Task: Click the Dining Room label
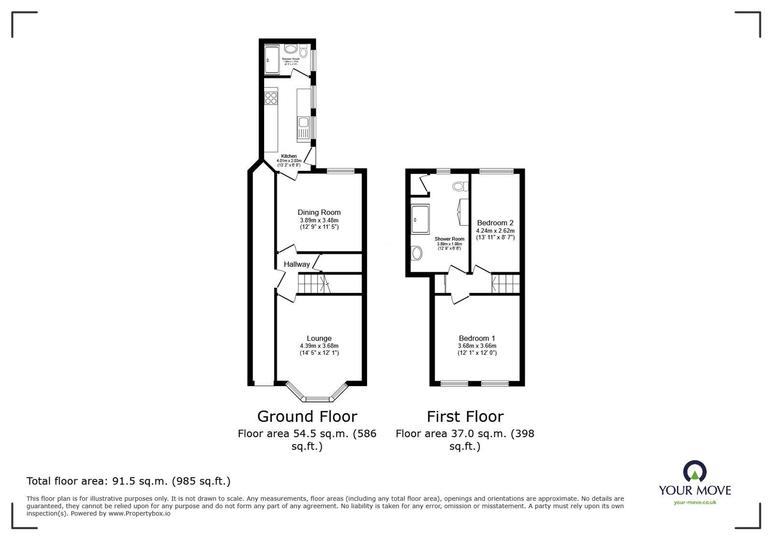point(319,212)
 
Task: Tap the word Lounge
point(319,338)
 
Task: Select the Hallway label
point(296,264)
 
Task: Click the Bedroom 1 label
point(477,338)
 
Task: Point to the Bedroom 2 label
point(495,223)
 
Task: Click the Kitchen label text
point(289,156)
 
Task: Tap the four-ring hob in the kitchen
point(271,98)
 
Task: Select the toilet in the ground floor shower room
point(303,51)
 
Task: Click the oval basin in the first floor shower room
point(416,253)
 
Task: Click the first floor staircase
point(505,283)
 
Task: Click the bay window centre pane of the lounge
point(317,399)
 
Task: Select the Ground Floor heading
point(307,416)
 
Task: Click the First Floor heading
point(465,416)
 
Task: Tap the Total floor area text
point(128,481)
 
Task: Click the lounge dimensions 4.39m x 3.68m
point(319,346)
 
